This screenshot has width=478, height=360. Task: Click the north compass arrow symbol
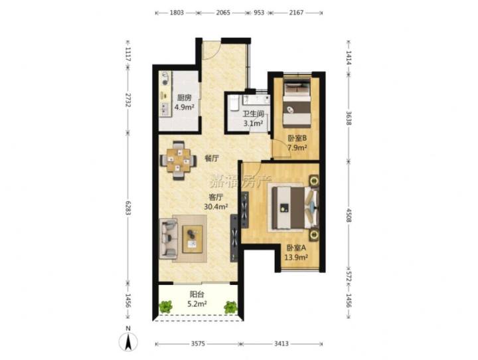128,341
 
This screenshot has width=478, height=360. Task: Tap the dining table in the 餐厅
179,160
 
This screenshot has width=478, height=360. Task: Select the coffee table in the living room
193,239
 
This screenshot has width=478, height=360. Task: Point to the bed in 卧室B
297,103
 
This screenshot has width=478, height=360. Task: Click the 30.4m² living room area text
216,207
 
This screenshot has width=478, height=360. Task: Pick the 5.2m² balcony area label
197,304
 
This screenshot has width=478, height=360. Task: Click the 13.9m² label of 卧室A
296,257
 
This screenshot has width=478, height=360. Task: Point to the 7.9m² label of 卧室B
297,147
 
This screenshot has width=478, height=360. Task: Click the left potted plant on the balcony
165,306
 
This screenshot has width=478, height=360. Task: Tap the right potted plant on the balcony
230,307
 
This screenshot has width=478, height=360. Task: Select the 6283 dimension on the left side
128,208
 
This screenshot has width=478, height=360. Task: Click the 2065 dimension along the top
223,13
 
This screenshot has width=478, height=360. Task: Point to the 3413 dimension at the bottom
281,344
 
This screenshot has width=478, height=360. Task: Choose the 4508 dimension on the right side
349,215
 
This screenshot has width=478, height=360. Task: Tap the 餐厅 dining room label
212,158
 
